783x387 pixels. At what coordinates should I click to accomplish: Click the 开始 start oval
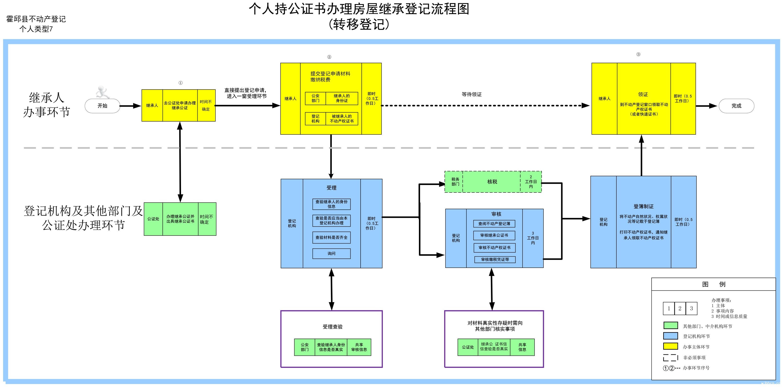pos(102,106)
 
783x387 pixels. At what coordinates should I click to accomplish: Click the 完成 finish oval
pos(736,106)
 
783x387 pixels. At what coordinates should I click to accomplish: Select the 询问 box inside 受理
pos(331,254)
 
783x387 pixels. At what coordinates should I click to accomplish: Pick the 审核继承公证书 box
pos(494,235)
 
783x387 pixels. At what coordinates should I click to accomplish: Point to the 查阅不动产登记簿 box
pos(494,224)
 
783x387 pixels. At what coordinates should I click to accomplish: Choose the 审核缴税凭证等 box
pos(495,260)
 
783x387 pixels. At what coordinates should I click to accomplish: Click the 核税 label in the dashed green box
pos(492,182)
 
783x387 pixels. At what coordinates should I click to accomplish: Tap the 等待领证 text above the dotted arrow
pos(471,94)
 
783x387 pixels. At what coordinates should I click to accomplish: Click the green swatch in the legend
pos(670,326)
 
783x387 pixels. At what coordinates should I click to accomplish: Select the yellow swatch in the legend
pos(670,346)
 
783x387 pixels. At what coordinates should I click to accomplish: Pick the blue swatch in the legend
pos(670,336)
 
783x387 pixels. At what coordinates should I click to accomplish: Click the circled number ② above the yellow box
pos(329,57)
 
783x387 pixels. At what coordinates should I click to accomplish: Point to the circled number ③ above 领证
pos(638,54)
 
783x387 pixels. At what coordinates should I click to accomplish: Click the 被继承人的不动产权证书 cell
pos(342,119)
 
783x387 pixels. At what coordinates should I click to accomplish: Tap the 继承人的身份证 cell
pos(342,98)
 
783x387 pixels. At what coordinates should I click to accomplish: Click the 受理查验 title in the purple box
pos(333,327)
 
